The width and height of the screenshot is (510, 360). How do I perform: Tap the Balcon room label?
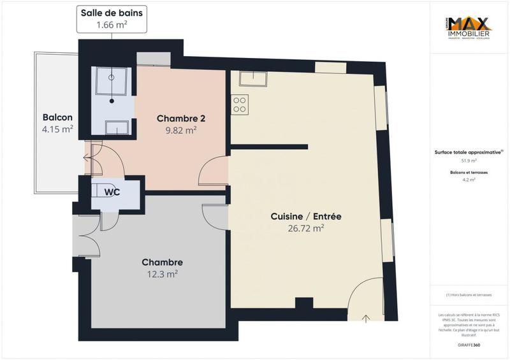coord(57,117)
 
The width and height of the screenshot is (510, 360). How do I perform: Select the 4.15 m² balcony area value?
coord(57,129)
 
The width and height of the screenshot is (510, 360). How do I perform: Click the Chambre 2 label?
coord(180,118)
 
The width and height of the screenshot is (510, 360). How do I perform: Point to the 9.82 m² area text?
coord(180,130)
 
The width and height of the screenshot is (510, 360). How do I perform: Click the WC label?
coord(112,191)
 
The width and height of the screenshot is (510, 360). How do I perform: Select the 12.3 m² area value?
coord(162,274)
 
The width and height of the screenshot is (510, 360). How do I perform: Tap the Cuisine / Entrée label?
coord(306,217)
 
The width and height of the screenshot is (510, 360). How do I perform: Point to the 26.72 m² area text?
coord(306,228)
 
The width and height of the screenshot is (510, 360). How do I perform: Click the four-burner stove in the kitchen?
coord(240,104)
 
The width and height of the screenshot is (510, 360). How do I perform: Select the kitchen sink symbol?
coord(253,78)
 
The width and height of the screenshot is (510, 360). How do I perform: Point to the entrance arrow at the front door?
coord(367,317)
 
